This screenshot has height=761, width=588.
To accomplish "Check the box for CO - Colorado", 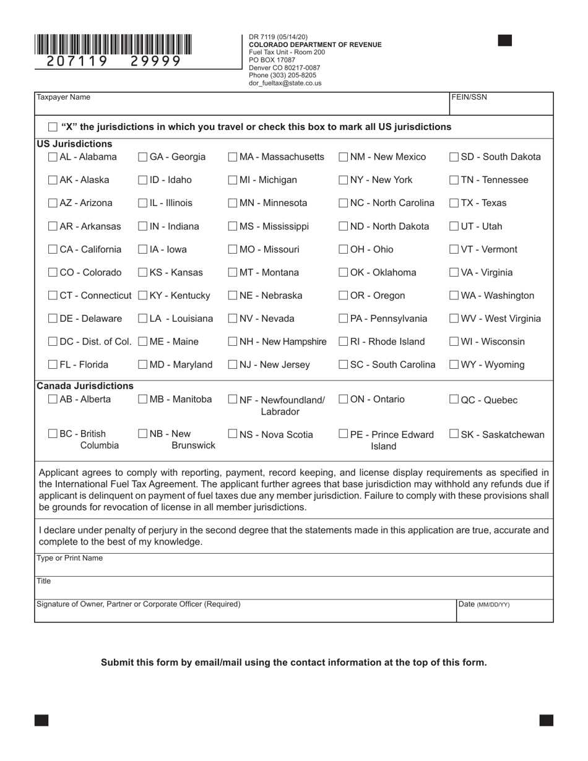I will click(53, 272).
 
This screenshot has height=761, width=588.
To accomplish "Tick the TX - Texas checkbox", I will click(454, 203).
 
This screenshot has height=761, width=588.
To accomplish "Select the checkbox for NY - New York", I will click(344, 180).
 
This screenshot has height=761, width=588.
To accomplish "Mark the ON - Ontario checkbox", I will click(344, 400).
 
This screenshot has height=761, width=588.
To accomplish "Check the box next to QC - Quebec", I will click(454, 400).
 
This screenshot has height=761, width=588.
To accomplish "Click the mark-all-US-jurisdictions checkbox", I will click(53, 127).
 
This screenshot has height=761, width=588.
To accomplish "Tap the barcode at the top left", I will click(113, 45).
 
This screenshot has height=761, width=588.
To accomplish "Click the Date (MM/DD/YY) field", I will click(504, 613).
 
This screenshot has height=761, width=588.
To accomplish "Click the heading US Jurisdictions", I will click(74, 144).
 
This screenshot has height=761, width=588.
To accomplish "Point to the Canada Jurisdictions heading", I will click(85, 386).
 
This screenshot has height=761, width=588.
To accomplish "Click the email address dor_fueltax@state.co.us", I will click(285, 83).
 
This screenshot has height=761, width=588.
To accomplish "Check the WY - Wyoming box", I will click(454, 365).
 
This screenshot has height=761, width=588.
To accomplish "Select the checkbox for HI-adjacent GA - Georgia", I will click(143, 157).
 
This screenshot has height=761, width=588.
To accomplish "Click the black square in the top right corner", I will click(505, 41).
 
